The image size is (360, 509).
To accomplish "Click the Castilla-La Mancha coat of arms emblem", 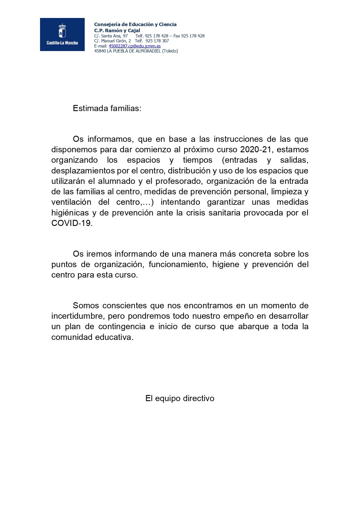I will coord(62,31).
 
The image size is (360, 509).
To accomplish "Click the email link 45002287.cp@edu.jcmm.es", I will coord(134,46).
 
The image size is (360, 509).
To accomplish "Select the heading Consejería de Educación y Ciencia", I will coord(135,24).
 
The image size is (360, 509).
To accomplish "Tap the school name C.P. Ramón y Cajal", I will coord(117,30).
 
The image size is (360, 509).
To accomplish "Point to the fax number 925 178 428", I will coord(193,36).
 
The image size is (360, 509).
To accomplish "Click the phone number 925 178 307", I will coord(157,41).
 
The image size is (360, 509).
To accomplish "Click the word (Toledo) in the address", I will coord(170,51).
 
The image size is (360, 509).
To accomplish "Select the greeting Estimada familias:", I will coord(107,108).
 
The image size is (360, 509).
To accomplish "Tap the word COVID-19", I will coord(72,223).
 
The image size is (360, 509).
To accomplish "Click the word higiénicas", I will coord(70,213).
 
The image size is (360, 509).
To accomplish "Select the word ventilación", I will coord(71,202).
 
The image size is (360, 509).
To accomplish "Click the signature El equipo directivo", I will coord(180,398).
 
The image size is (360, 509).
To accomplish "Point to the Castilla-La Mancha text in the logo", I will coord(62,43).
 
